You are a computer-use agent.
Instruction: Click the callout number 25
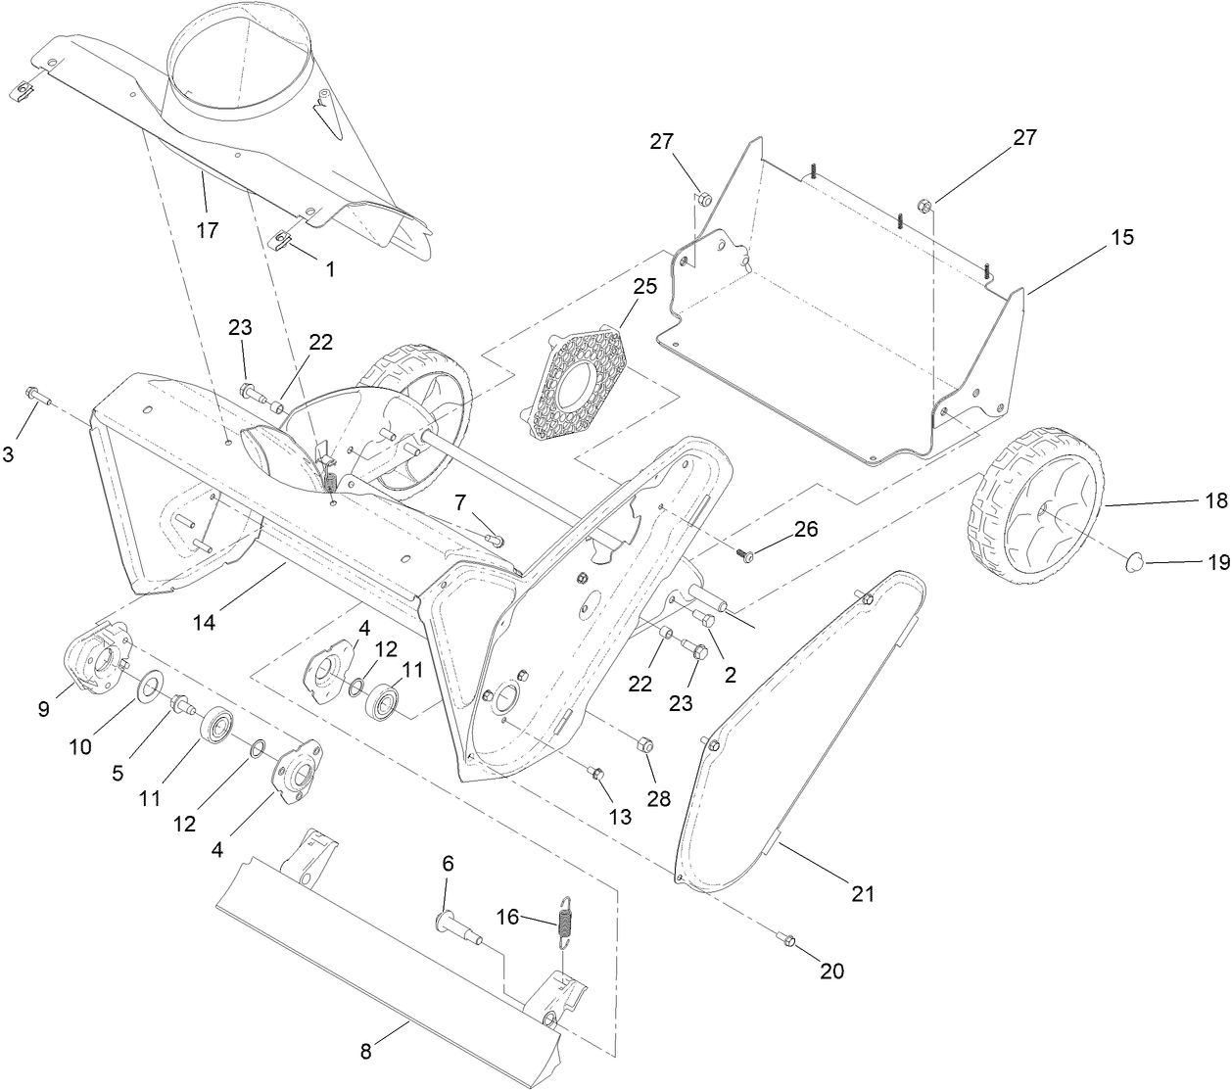click(x=643, y=287)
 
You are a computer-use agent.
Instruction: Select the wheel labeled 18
click(x=1035, y=506)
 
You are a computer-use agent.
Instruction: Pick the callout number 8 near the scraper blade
click(x=366, y=1052)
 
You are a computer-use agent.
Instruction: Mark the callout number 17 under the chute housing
click(x=207, y=230)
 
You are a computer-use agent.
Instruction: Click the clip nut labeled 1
click(x=283, y=237)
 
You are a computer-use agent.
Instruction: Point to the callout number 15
click(x=1122, y=237)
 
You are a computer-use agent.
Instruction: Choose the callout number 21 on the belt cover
click(x=863, y=893)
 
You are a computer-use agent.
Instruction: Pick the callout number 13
click(x=620, y=816)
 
